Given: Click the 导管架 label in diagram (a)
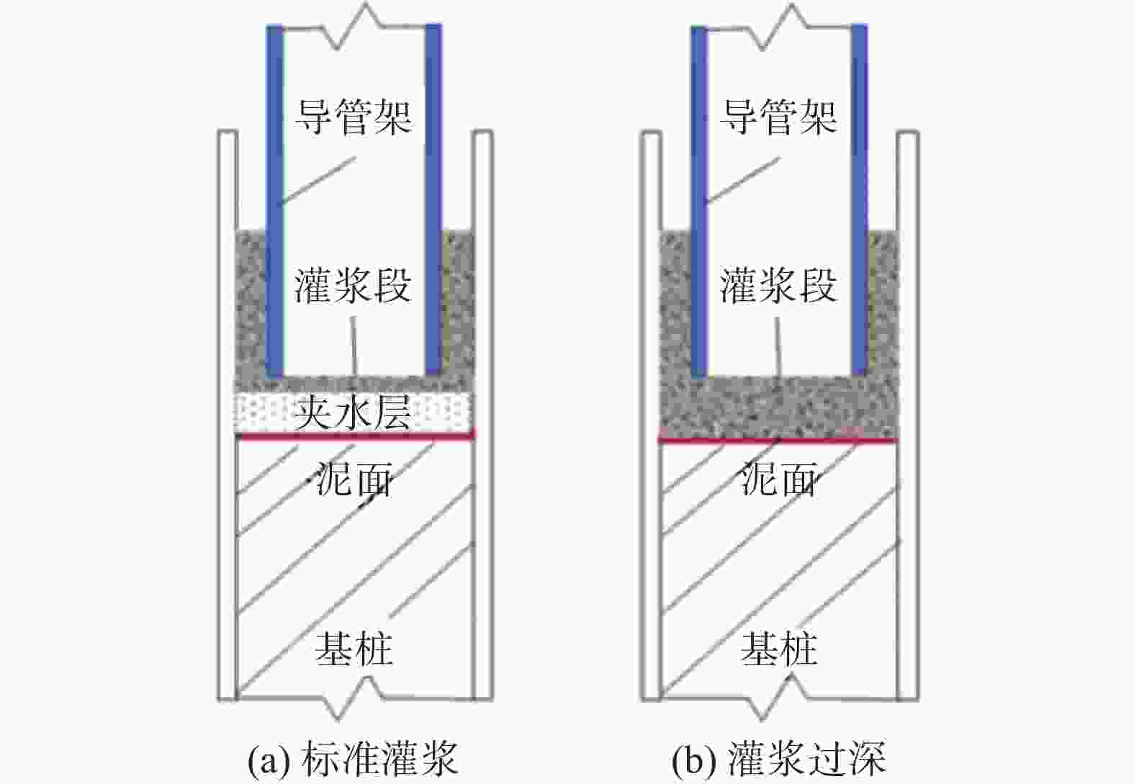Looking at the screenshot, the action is click(353, 117).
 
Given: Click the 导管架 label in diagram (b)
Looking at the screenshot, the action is click(778, 117).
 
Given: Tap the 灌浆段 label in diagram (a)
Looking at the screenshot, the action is click(353, 286).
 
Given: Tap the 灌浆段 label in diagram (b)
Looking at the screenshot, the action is click(778, 286).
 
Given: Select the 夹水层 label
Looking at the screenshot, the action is click(353, 413).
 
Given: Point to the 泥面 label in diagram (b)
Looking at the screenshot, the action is click(778, 478).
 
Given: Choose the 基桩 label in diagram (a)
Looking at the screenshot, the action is click(354, 649).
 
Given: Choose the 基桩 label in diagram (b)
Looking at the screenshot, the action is click(779, 649).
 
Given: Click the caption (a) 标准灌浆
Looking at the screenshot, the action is click(353, 759).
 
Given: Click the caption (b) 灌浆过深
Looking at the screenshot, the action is click(778, 759).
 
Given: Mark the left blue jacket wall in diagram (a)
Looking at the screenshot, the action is click(274, 201).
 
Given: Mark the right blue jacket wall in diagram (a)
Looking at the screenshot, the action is click(433, 199).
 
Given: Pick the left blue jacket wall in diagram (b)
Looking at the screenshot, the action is click(698, 202).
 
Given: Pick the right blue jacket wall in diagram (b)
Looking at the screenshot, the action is click(860, 200).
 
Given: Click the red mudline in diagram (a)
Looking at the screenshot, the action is click(356, 436).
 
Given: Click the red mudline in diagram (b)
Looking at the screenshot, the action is click(778, 441).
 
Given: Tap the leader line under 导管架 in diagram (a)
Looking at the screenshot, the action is click(318, 180).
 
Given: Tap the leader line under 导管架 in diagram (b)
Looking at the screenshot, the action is click(742, 181).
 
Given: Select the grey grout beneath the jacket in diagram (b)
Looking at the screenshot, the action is click(778, 408).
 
